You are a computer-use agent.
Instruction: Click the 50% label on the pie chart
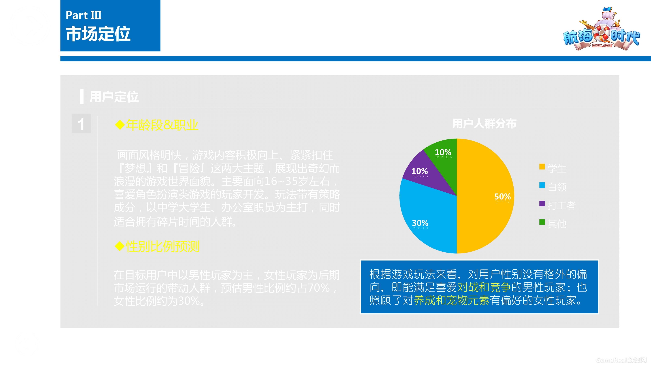point(502,197)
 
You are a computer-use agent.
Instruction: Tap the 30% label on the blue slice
point(420,223)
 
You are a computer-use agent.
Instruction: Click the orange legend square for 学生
point(542,167)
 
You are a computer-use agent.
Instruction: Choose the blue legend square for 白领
point(542,185)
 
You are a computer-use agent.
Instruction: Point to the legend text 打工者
point(562,205)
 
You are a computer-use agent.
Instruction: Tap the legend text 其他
point(557,224)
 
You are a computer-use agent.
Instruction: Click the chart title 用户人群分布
point(484,124)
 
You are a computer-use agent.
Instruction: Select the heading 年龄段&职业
point(162,125)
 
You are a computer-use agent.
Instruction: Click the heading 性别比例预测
point(163,247)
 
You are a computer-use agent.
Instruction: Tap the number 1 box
point(81,124)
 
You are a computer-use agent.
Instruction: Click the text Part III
point(84,15)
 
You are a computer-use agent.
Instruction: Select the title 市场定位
point(98,34)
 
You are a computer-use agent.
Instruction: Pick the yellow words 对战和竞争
point(484,287)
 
